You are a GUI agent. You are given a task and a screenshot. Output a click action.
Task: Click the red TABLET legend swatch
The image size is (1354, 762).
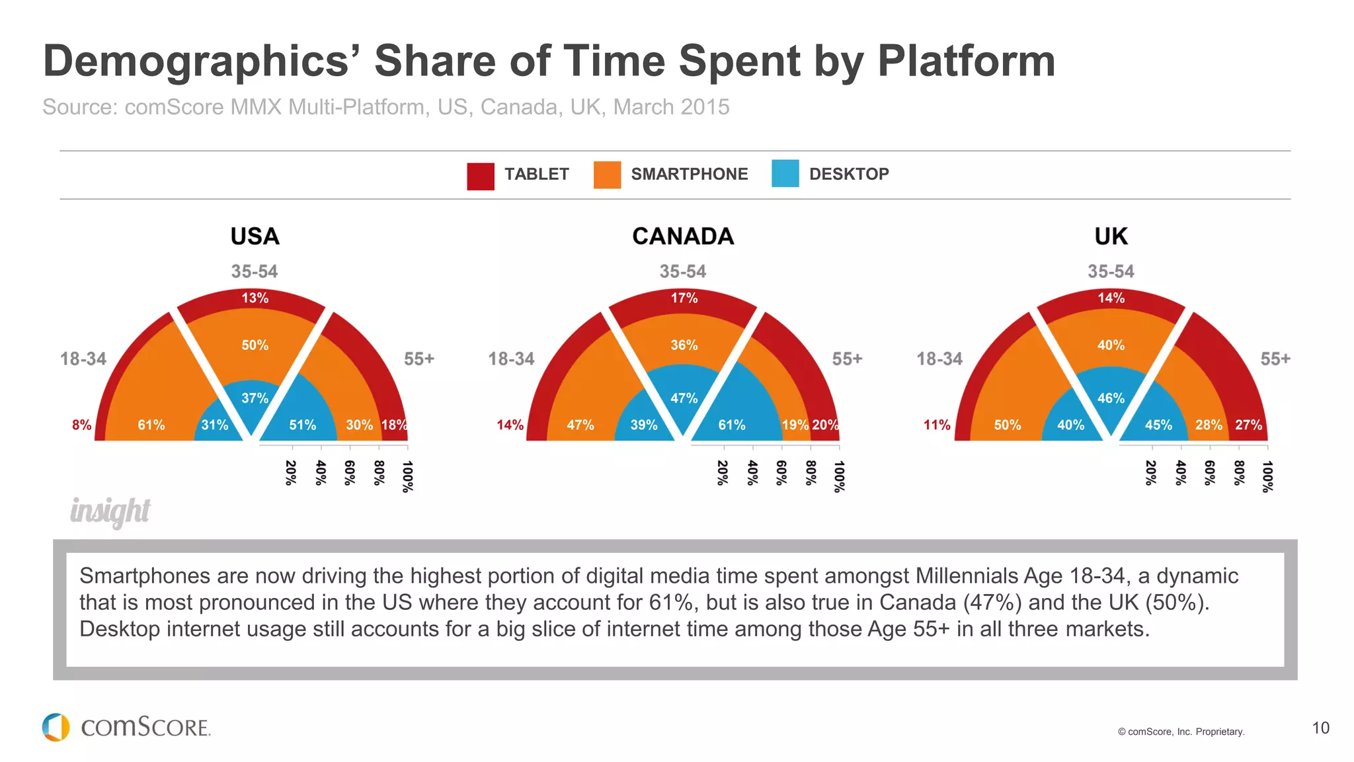click(480, 176)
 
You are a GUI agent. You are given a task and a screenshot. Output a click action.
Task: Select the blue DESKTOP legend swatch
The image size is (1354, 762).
click(785, 174)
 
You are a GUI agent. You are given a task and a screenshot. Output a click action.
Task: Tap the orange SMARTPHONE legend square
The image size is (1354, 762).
click(607, 175)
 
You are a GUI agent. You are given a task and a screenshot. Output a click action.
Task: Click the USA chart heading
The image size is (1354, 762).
click(255, 236)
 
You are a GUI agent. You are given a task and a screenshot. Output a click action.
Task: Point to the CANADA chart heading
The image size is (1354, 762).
click(683, 236)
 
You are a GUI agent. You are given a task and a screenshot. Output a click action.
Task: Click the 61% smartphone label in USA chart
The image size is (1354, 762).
click(151, 425)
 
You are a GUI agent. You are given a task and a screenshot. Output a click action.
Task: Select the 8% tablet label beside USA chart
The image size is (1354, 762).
click(81, 425)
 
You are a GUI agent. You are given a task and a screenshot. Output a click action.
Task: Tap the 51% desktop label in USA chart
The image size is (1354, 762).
click(302, 425)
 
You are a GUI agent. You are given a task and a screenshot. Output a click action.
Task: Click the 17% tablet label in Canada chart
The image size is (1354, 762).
click(684, 298)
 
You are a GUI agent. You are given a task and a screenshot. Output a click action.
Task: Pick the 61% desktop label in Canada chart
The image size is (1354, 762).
click(731, 425)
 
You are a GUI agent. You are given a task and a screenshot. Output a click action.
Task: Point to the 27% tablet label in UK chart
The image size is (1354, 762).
click(1248, 425)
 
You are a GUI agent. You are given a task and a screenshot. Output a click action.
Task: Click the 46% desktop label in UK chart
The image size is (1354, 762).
click(1111, 398)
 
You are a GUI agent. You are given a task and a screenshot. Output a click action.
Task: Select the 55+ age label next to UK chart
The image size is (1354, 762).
click(1275, 359)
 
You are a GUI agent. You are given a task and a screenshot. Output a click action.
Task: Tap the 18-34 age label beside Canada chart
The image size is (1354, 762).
click(511, 359)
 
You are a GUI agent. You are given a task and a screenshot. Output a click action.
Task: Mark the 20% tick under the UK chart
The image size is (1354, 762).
click(1150, 473)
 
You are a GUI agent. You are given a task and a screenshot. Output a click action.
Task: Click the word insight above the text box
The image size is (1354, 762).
click(110, 511)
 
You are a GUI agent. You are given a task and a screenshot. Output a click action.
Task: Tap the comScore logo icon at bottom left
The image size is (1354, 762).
click(56, 727)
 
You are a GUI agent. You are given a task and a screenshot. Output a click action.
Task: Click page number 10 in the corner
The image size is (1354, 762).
click(1320, 728)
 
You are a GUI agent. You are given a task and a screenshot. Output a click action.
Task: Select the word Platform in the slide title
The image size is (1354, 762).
click(966, 61)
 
